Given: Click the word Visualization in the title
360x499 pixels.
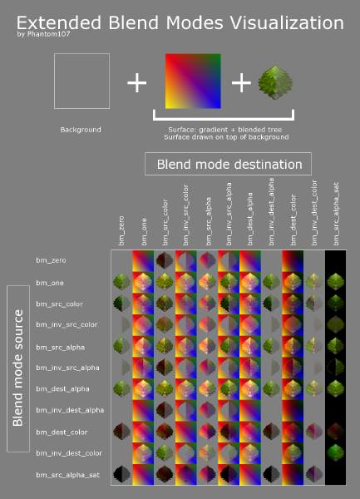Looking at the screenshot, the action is (x=286, y=23).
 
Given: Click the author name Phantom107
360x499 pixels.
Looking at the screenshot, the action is (x=48, y=34).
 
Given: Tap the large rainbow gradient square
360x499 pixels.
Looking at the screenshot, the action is (x=193, y=82).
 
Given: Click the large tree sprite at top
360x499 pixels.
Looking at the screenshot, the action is (x=275, y=82).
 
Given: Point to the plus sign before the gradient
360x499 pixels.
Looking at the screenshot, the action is (x=136, y=82).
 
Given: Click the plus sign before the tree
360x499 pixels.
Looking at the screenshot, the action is (x=241, y=82).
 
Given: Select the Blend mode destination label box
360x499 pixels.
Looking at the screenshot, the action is (x=228, y=164).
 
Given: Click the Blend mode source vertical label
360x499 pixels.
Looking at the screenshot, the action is (x=18, y=368).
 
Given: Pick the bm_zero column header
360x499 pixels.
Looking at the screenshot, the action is (x=121, y=230).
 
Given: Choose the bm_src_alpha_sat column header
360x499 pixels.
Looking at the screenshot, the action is (x=336, y=214).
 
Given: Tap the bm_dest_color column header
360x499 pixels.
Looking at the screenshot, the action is (x=293, y=220).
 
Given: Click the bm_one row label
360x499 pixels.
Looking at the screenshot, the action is (x=50, y=283).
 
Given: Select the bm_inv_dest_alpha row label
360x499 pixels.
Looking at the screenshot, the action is (x=70, y=410).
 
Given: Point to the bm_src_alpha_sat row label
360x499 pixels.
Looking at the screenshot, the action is (x=67, y=475).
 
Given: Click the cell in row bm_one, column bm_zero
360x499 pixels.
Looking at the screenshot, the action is (x=122, y=282).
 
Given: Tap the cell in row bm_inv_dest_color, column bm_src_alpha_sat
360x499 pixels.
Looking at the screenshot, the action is (x=336, y=453).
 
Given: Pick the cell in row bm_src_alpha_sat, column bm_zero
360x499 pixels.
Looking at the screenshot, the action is (x=122, y=475).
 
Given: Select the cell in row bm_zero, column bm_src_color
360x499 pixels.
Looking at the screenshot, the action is (x=165, y=260).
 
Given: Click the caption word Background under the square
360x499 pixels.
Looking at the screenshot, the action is (x=81, y=130).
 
